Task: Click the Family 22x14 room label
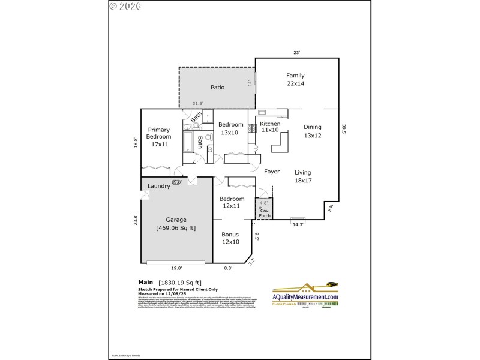(295, 80)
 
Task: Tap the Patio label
(217, 88)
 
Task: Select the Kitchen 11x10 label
(269, 127)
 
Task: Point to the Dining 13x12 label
(312, 131)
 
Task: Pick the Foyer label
(272, 172)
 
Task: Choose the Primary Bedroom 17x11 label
(159, 137)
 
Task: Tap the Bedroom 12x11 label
(232, 202)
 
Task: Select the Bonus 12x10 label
(230, 238)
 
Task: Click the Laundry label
(159, 186)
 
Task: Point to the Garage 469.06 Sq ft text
(176, 224)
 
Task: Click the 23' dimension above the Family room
(296, 53)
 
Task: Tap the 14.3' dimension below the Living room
(298, 224)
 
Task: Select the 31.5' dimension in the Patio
(197, 104)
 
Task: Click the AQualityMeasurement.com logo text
(305, 297)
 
